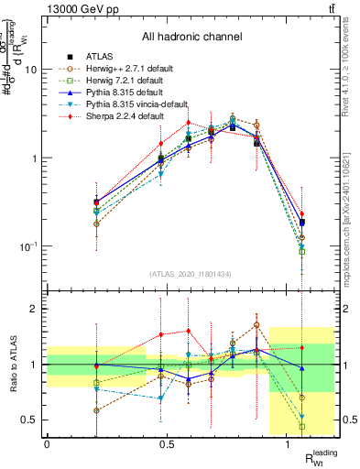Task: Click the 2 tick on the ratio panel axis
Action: point(35,309)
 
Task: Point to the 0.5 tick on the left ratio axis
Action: point(30,420)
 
